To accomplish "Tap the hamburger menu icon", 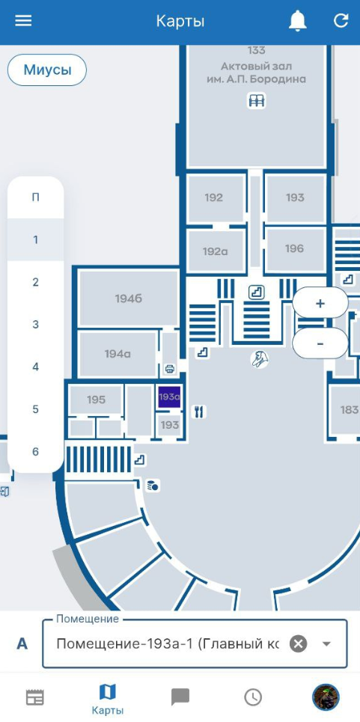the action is click(23, 21).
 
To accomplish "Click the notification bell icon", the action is click(297, 21).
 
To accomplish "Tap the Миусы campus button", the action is click(47, 70).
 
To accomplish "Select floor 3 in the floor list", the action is click(35, 325).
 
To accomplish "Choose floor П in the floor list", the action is click(35, 198).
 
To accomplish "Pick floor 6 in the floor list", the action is click(35, 452).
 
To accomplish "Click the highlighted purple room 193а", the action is click(169, 397).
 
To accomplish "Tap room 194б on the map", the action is click(129, 299).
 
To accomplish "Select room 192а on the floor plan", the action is click(216, 251).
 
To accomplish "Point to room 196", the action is click(295, 248).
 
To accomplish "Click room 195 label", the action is click(97, 400).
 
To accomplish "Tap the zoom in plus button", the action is click(320, 304).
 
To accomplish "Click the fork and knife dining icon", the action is click(199, 412).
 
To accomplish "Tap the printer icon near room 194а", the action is click(169, 368).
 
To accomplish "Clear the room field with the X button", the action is click(299, 643).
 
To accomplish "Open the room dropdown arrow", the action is click(326, 643).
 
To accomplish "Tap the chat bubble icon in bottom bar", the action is click(180, 697).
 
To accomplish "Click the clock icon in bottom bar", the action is click(253, 697).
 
